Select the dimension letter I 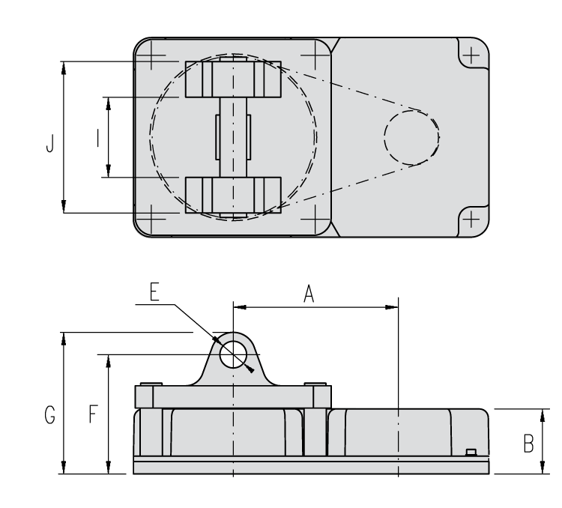coord(97,138)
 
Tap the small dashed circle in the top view coord(411,137)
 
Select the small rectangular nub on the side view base coord(471,451)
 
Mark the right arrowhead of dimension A coord(391,306)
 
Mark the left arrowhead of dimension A coord(240,306)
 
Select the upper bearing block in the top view coord(233,79)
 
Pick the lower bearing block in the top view coord(233,196)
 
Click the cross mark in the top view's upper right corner coord(471,55)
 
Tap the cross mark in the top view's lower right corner coord(471,219)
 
